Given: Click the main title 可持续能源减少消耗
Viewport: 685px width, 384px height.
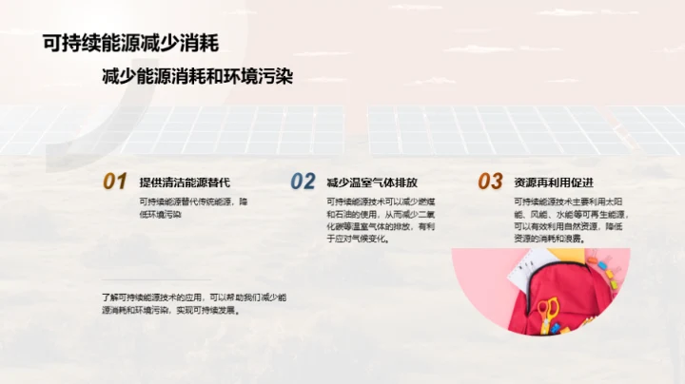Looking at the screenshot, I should point(131,43).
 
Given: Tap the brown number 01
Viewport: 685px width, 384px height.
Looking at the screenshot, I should point(115,182).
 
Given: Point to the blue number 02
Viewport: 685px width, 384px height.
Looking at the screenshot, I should point(303,182).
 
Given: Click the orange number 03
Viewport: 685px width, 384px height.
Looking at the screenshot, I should point(489,182).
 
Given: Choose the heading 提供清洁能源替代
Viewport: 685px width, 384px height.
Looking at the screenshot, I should point(185,182).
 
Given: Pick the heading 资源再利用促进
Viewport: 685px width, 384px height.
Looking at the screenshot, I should point(553,182).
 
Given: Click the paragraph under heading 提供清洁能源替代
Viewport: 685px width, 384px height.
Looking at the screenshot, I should point(194,208).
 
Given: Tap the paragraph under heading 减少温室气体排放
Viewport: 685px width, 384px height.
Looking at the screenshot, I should point(378,221).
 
